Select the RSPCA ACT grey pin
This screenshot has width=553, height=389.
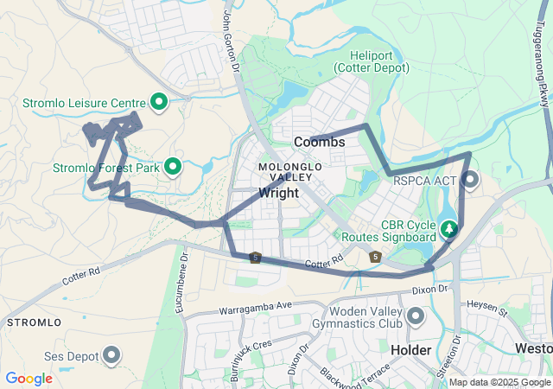coord(470,180)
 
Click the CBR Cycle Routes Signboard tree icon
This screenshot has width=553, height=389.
coord(448,229)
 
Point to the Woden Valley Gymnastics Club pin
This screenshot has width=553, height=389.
coord(415,316)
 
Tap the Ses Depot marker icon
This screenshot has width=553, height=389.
coord(111,354)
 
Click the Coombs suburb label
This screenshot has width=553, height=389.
coord(319,141)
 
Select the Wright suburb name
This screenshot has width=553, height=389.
coord(278,193)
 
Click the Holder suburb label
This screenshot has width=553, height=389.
coord(410,350)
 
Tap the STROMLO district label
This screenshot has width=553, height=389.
coord(33,322)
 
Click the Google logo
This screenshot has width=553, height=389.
coord(29,378)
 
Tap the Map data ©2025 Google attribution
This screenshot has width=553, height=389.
coord(499,382)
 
